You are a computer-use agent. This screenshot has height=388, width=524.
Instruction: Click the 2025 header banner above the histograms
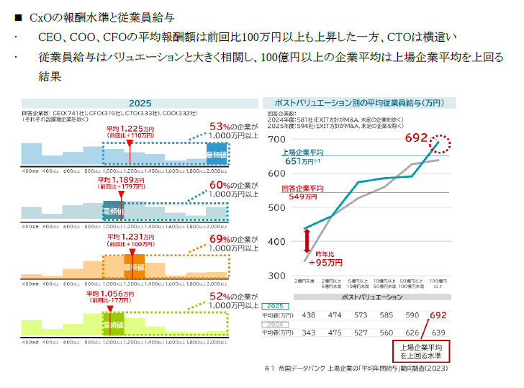tap(140, 103)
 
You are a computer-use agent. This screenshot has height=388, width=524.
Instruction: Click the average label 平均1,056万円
tap(111, 294)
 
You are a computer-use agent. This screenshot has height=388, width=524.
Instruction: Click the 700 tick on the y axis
tap(276, 139)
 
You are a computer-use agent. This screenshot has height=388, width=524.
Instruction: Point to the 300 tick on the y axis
tap(276, 276)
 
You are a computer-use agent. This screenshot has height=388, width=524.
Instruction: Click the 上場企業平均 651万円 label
tap(302, 157)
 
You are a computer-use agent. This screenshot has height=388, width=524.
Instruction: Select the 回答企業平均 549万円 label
tap(302, 192)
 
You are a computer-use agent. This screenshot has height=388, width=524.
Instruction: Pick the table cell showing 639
tap(438, 333)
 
